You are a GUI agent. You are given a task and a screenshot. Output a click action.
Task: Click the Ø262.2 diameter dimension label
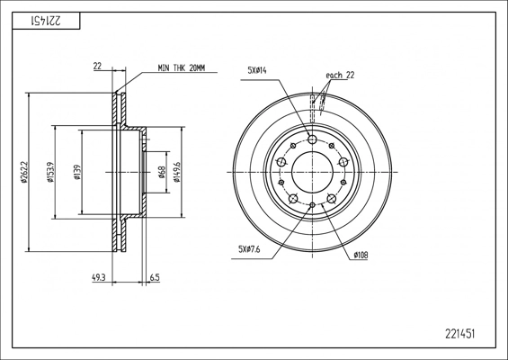pos(24,173)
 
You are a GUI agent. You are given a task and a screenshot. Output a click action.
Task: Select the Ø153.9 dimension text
pos(51,173)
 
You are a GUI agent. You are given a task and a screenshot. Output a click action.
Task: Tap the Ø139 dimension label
pos(77,172)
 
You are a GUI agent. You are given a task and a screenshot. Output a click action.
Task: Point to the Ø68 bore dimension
pos(163,172)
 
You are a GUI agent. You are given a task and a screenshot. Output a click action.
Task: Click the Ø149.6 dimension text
pos(177,172)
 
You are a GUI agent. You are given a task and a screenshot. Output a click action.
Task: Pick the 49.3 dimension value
pos(99,277)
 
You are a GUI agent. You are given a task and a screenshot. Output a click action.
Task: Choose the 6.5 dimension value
pos(155,277)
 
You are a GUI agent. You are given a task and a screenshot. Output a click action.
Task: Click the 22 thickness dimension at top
pos(97,67)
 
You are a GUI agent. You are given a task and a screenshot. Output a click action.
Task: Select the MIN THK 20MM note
pos(182,68)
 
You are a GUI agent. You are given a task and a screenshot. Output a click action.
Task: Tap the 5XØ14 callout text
pos(257,70)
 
